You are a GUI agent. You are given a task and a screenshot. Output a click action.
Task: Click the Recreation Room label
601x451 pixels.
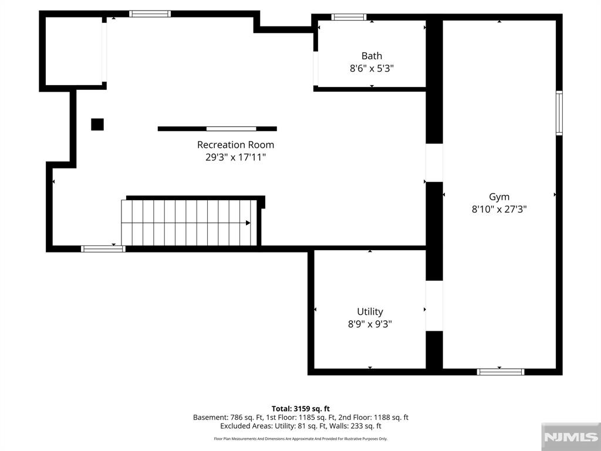click(x=235, y=144)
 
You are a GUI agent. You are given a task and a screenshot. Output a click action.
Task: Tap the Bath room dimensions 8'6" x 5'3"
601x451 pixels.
click(x=372, y=69)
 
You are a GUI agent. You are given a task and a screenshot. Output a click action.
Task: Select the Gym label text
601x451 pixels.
click(x=499, y=197)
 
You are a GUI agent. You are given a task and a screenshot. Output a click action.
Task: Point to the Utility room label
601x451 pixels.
click(x=370, y=311)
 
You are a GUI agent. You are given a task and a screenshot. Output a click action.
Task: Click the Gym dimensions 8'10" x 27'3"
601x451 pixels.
click(x=499, y=210)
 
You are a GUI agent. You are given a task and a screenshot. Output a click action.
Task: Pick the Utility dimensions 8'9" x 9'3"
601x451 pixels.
click(x=370, y=324)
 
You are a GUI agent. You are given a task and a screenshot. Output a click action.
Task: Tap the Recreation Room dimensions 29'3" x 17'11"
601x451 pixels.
click(x=235, y=157)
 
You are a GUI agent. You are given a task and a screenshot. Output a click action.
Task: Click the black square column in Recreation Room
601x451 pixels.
click(x=97, y=124)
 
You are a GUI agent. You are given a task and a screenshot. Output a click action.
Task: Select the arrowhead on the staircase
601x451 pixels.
click(x=248, y=223)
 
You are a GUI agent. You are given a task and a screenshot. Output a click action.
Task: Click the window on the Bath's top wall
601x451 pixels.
click(x=349, y=17)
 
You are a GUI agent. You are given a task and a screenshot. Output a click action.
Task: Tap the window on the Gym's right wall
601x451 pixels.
click(x=559, y=113)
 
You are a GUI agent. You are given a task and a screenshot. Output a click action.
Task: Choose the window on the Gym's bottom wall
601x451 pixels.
click(x=501, y=372)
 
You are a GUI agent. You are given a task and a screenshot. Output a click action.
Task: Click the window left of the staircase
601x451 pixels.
click(x=103, y=249)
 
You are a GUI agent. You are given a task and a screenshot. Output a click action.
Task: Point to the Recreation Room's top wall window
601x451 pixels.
click(x=150, y=14)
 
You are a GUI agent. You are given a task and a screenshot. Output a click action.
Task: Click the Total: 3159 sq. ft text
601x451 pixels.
click(x=300, y=409)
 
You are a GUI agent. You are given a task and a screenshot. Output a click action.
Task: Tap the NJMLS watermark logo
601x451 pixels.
click(x=570, y=437)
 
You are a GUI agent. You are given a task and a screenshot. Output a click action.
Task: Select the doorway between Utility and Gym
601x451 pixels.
click(x=434, y=305)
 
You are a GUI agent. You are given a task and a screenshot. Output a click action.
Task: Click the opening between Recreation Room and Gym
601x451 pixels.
click(x=434, y=163)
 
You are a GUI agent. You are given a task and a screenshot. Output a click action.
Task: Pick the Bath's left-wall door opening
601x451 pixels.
click(x=315, y=69)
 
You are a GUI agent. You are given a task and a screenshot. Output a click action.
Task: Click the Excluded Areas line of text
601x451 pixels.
click(x=300, y=426)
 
